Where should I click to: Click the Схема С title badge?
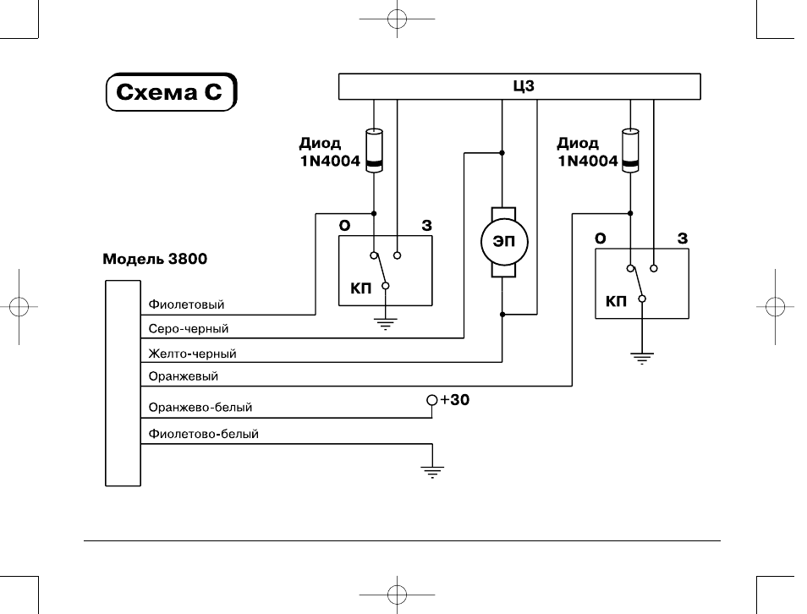pos(172,91)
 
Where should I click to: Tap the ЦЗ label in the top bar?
pos(524,86)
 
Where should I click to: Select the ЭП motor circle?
pos(504,241)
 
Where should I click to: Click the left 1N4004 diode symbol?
pos(374,151)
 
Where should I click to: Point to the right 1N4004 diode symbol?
pos(630,151)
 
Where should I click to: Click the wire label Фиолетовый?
pos(186,304)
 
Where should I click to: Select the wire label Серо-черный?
pos(189,328)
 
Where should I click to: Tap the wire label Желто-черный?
pos(193,354)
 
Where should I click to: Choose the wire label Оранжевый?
pos(184,376)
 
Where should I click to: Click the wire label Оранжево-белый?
pos(200,407)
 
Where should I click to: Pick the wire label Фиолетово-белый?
pos(203,434)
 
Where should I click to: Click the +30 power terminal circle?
pos(432,400)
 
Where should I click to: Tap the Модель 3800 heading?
pos(155,258)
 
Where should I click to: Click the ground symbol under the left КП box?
pos(386,324)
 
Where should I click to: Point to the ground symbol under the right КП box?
pos(642,359)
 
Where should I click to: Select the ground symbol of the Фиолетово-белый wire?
pos(432,472)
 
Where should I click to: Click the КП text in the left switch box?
pos(361,288)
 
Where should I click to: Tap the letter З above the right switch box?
pos(683,238)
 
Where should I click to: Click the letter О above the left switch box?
pos(345,226)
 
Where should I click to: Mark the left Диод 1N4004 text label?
pos(330,152)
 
